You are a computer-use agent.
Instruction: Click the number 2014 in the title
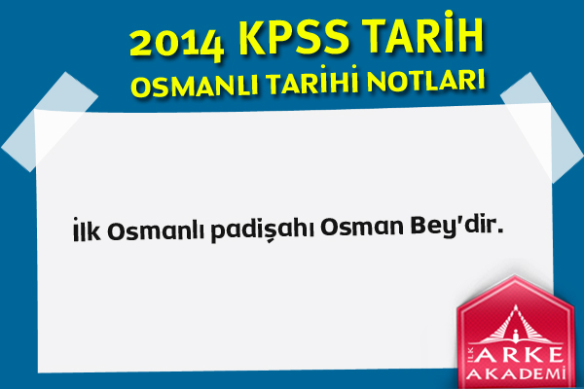(x=177, y=45)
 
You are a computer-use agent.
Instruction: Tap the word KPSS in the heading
(x=294, y=37)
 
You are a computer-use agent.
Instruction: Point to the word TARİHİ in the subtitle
(x=313, y=81)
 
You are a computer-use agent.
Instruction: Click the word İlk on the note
(x=87, y=230)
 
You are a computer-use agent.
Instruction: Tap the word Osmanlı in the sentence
(x=156, y=230)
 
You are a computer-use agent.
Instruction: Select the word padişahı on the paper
(x=263, y=229)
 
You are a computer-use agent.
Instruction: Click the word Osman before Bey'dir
(x=362, y=227)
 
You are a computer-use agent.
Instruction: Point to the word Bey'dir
(x=456, y=225)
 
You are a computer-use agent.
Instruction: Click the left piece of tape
(x=51, y=122)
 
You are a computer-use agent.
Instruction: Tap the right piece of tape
(x=542, y=126)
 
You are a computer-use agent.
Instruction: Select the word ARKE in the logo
(x=519, y=355)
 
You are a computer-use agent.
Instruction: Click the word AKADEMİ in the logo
(x=516, y=373)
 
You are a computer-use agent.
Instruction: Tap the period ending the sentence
(x=500, y=230)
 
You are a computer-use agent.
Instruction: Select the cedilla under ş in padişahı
(x=272, y=241)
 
